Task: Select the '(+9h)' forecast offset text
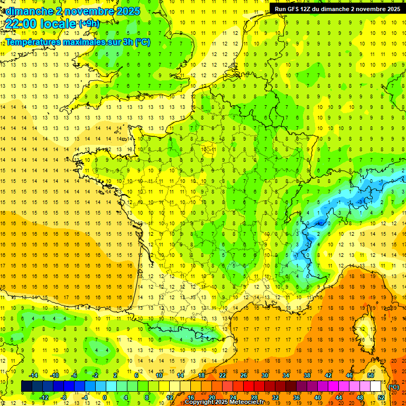click(x=88, y=23)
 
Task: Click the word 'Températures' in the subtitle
click(x=31, y=42)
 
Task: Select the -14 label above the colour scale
click(x=34, y=375)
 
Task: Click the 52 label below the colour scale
click(x=381, y=398)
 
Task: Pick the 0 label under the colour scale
click(x=105, y=398)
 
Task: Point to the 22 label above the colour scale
click(x=223, y=375)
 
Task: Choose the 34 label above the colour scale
click(x=285, y=375)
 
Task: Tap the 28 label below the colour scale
click(x=254, y=398)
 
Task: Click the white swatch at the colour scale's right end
click(x=376, y=386)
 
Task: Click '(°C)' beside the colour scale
click(x=393, y=387)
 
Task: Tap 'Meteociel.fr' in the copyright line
click(x=248, y=402)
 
